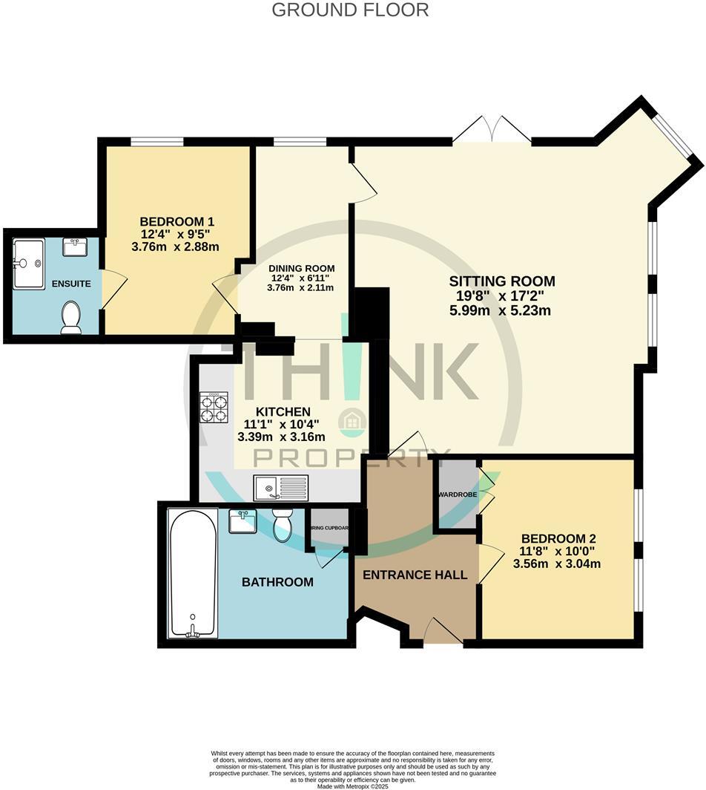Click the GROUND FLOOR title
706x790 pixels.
click(350, 10)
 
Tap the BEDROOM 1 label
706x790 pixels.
click(177, 221)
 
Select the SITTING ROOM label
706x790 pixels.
click(502, 281)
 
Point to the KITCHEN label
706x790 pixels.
click(283, 411)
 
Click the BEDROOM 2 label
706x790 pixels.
click(558, 538)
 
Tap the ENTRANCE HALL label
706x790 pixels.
click(415, 575)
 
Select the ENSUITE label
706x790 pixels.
click(71, 284)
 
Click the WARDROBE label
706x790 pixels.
click(456, 494)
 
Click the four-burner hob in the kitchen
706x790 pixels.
click(213, 408)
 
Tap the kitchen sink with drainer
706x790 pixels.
click(280, 487)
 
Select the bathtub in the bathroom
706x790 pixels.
click(193, 572)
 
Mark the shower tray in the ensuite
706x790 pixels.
click(28, 263)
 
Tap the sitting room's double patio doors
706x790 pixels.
click(492, 130)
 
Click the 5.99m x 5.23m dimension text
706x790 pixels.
click(501, 311)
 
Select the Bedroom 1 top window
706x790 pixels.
click(156, 141)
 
